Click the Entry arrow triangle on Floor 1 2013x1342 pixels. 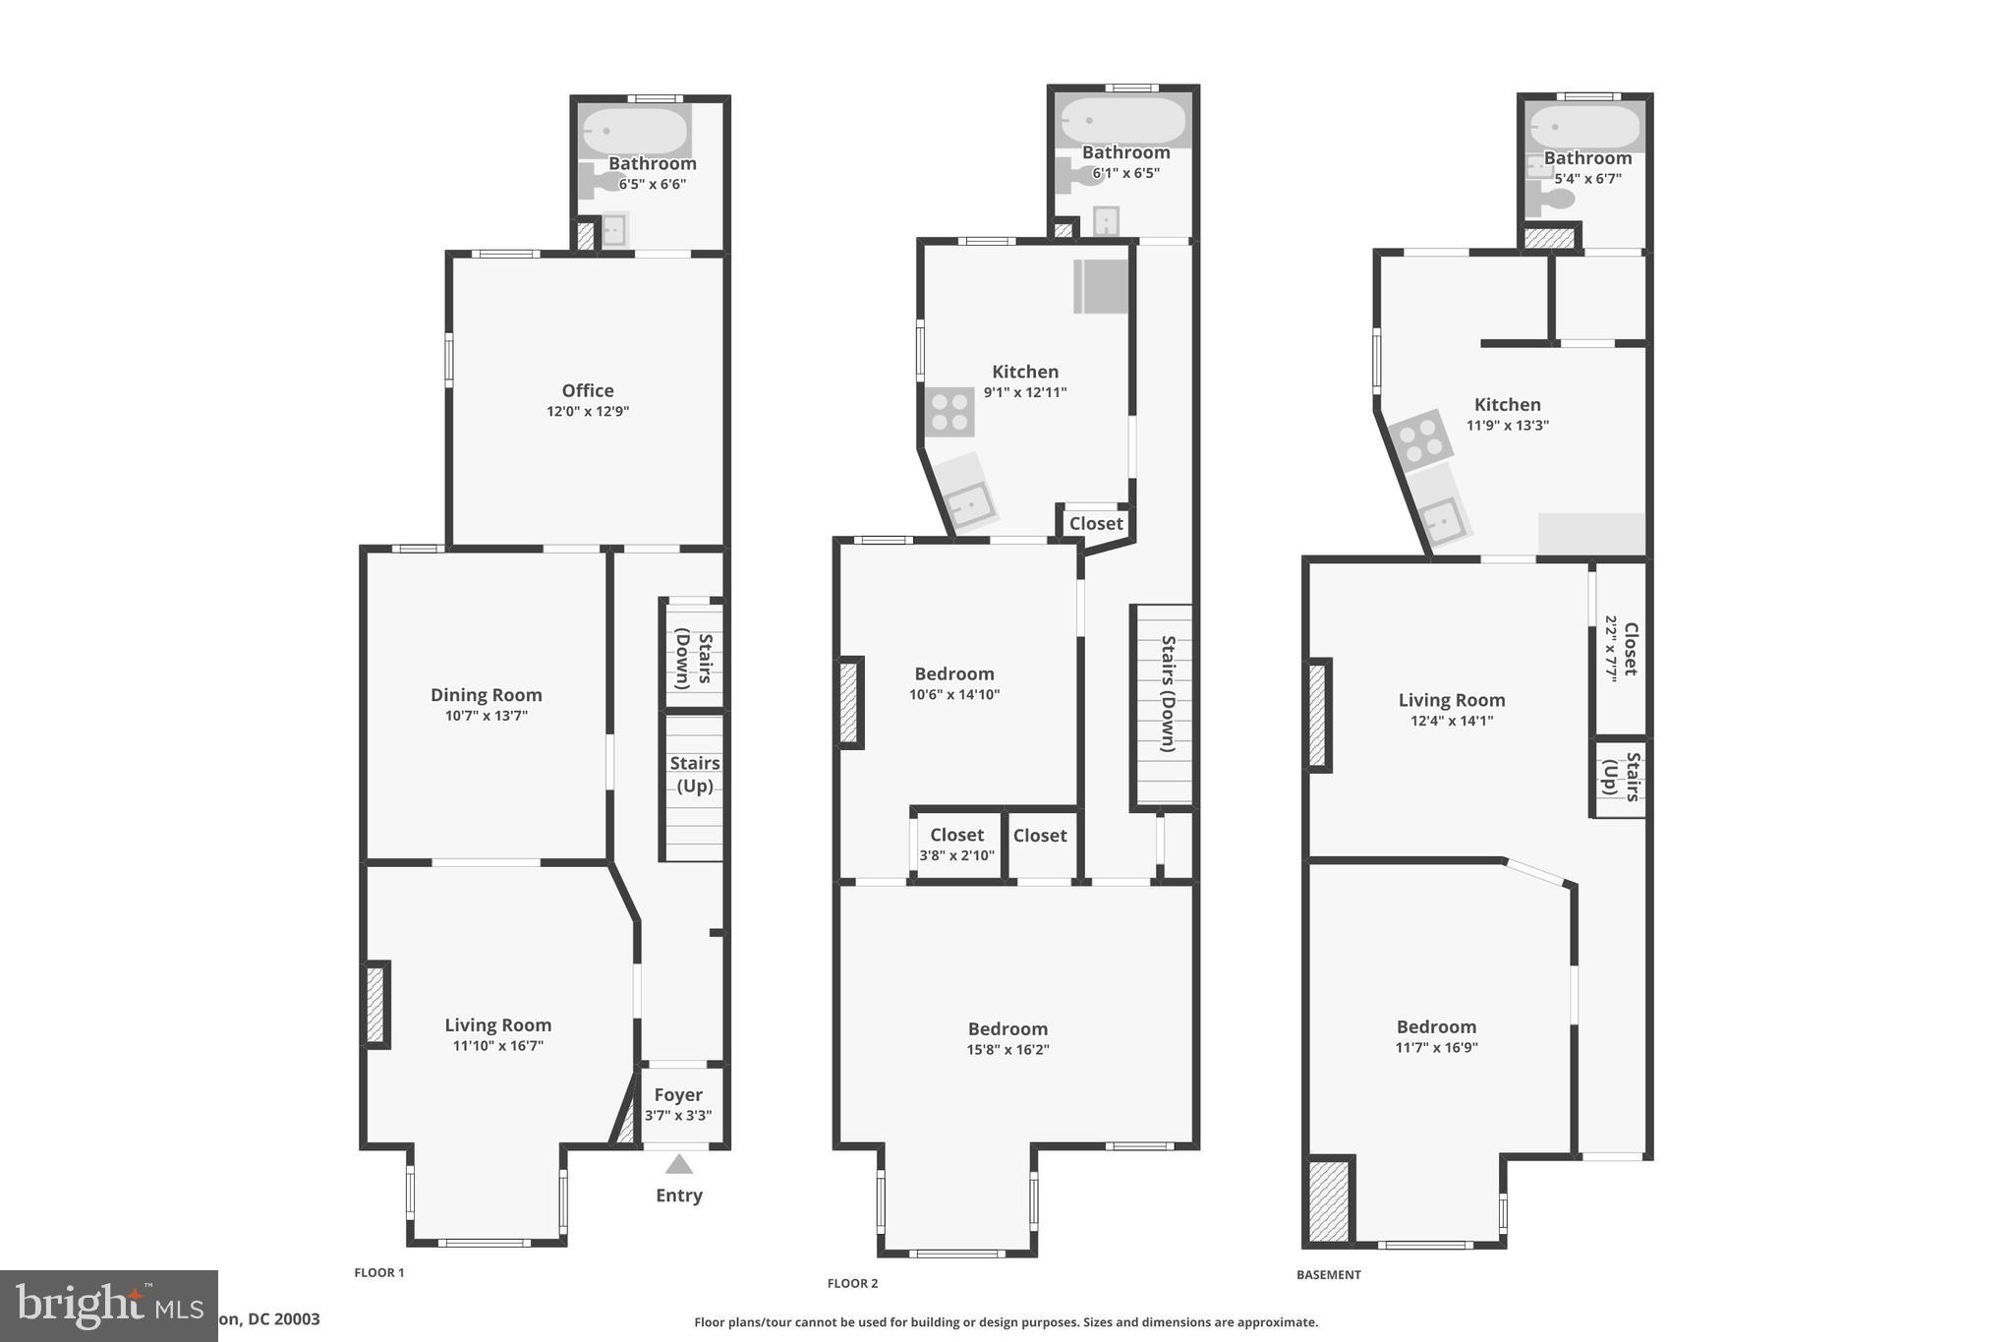(x=679, y=1165)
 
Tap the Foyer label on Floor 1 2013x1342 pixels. (x=678, y=1095)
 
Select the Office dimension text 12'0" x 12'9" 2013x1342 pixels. (x=588, y=412)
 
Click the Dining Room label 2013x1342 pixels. (x=487, y=695)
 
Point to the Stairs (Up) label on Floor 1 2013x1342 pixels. (x=695, y=775)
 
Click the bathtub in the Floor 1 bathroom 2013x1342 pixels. (x=635, y=131)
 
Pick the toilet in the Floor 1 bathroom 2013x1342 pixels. (x=595, y=181)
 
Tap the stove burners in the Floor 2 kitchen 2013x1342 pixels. (x=949, y=412)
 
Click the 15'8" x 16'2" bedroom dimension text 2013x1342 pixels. (x=1007, y=1050)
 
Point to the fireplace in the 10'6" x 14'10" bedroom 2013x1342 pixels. (x=849, y=702)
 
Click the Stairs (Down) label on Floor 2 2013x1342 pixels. (x=1168, y=693)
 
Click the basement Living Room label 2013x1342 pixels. (x=1452, y=700)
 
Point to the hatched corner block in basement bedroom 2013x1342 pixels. (x=1329, y=1200)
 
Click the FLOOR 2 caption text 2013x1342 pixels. (x=852, y=1283)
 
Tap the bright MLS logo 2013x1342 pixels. (x=108, y=1306)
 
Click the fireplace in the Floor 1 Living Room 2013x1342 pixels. (x=375, y=1005)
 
